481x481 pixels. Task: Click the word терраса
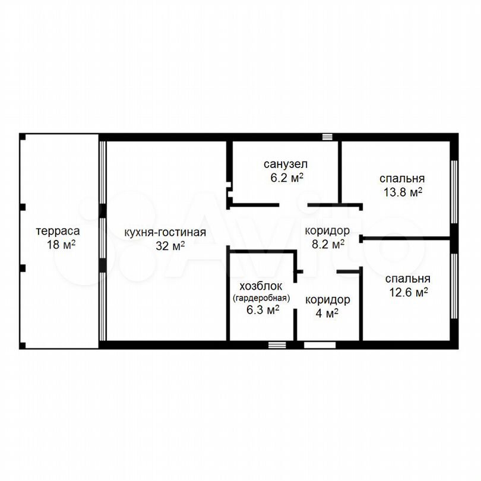coord(58,231)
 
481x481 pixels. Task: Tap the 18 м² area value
coord(61,245)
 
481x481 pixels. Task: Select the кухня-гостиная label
coord(165,232)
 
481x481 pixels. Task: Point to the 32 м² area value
coord(170,245)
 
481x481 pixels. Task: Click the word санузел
coord(285,164)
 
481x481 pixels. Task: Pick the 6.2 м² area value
coord(287,178)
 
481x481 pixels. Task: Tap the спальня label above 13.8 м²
coord(402,178)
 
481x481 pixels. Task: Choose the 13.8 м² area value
coord(403,192)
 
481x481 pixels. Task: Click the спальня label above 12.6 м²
coord(408,279)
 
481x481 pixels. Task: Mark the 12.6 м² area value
coord(409,292)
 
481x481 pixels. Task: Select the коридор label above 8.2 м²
coord(327,230)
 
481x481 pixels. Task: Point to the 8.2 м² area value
coord(328,244)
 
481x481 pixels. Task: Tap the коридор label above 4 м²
coord(328,300)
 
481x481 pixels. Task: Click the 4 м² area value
coord(327,313)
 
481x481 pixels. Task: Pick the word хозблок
coord(261,286)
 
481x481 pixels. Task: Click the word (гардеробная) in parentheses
coord(261,298)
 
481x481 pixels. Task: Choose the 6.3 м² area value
coord(263,309)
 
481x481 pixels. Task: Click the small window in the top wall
coord(327,137)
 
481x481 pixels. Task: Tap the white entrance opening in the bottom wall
coord(319,345)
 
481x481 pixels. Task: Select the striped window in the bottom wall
coord(277,345)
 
